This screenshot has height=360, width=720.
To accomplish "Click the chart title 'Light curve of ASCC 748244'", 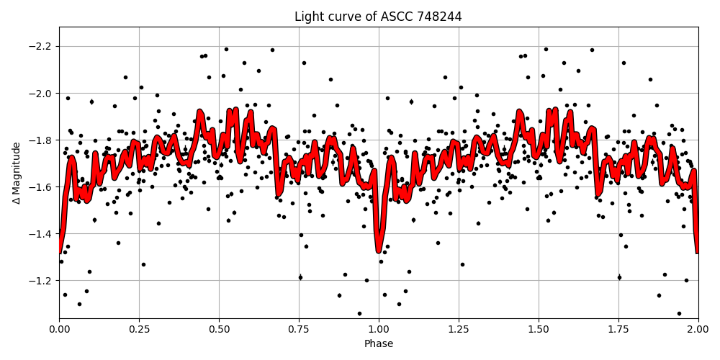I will pos(378,17).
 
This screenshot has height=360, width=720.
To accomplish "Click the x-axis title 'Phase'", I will pos(378,343).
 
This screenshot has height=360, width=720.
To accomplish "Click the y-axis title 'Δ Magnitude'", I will pos(16,173).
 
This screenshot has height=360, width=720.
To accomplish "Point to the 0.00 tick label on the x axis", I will pos(59,329).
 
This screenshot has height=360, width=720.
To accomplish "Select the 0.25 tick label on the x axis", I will pos(139,329).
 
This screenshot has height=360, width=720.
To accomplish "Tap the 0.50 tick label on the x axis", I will pos(219,329).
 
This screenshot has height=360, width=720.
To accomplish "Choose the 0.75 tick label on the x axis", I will pos(299,329).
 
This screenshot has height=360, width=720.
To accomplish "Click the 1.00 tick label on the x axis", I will pos(379,329).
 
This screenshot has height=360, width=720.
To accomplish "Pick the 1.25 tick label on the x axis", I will pos(459,329).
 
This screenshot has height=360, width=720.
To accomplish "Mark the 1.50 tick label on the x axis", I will pos(539,329).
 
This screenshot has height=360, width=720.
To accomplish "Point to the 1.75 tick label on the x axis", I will pos(618,329).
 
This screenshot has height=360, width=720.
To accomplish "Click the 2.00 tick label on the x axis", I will pos(698,329).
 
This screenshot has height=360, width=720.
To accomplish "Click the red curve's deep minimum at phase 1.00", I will pos(379,250).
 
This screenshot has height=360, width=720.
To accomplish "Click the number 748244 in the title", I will pos(438,17).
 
